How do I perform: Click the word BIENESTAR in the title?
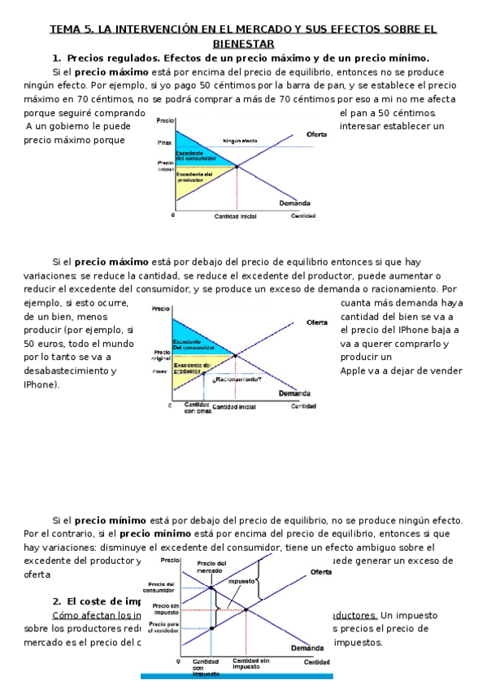point(243,43)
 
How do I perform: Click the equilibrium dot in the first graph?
point(237,167)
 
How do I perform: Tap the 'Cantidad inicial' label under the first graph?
point(236,217)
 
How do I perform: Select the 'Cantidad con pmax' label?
point(197,408)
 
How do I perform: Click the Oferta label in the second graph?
point(316,323)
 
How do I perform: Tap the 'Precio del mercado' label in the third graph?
point(211,567)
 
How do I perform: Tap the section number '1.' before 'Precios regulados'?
point(57,58)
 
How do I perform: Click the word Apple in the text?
point(355,370)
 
